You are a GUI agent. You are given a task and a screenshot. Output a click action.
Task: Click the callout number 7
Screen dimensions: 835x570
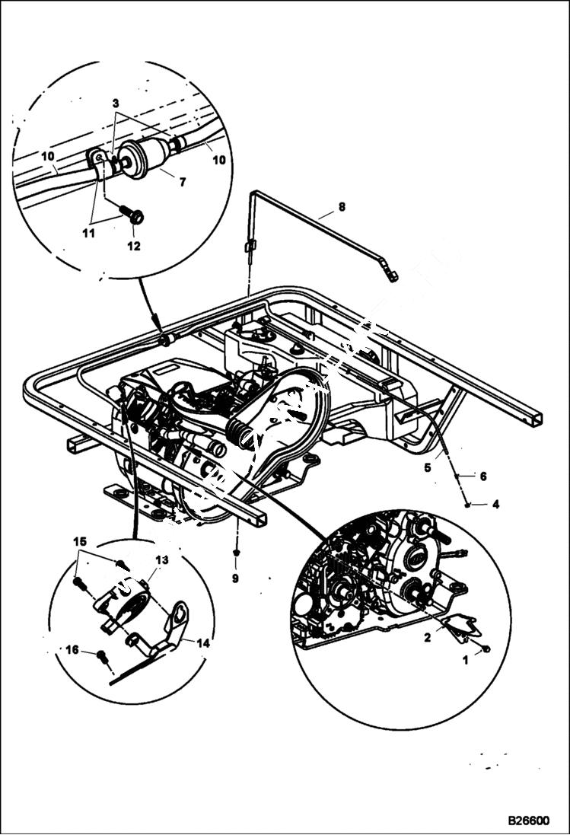[183, 183]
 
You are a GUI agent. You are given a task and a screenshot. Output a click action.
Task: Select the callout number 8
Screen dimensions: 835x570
[342, 206]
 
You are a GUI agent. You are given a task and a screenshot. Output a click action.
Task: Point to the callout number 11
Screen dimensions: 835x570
[89, 233]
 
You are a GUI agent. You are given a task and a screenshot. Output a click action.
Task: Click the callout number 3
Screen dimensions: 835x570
[116, 103]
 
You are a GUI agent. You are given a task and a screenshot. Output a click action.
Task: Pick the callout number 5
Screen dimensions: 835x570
[428, 468]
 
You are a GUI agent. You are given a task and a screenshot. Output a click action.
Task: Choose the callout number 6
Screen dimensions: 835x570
[482, 476]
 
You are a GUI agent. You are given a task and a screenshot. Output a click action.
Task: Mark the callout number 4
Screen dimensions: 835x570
[496, 504]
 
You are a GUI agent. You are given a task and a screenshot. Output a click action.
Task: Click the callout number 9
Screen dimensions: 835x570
[235, 578]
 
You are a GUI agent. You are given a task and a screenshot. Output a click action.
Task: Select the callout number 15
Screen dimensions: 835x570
[80, 541]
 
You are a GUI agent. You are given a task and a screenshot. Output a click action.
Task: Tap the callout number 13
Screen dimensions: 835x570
[161, 559]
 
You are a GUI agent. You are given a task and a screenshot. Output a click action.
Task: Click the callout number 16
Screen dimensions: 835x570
[72, 649]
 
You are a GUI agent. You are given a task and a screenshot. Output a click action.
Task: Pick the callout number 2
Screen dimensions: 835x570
[428, 638]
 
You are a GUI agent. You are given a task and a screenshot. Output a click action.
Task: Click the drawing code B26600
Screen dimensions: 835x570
[529, 822]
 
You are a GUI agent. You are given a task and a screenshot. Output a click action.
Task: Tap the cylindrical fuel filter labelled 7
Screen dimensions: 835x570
[141, 158]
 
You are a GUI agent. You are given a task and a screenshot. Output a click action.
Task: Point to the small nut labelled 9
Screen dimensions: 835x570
[236, 551]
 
